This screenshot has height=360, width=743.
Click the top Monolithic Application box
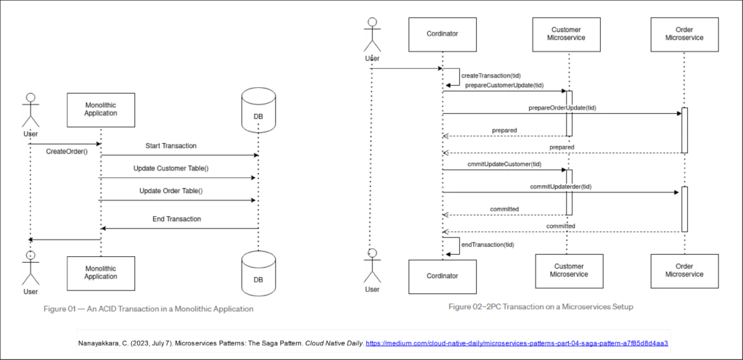(x=101, y=108)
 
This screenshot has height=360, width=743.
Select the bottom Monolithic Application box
(x=101, y=271)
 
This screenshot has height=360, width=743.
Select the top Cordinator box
(x=442, y=32)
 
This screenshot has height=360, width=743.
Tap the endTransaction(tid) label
(x=488, y=245)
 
